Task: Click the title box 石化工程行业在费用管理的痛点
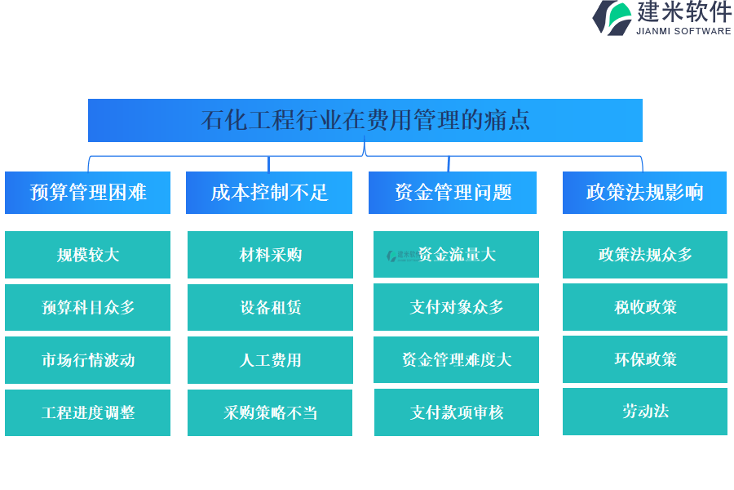(x=365, y=120)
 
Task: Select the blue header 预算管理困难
(x=87, y=193)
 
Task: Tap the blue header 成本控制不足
(x=269, y=193)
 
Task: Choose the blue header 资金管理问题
(x=453, y=193)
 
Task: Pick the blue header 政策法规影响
(x=644, y=193)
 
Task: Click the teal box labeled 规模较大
(x=87, y=255)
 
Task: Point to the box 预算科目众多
(x=87, y=308)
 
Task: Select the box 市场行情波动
(x=87, y=360)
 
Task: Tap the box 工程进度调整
(x=87, y=412)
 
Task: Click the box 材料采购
(x=270, y=255)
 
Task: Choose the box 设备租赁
(x=270, y=308)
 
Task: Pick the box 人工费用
(x=270, y=360)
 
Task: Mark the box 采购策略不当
(x=270, y=412)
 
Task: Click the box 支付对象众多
(x=457, y=307)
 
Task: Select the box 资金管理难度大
(x=457, y=359)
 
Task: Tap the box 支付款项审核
(x=457, y=412)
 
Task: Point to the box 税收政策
(x=645, y=307)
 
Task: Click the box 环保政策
(x=645, y=359)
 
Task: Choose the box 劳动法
(x=645, y=412)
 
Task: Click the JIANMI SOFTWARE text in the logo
(x=683, y=31)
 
